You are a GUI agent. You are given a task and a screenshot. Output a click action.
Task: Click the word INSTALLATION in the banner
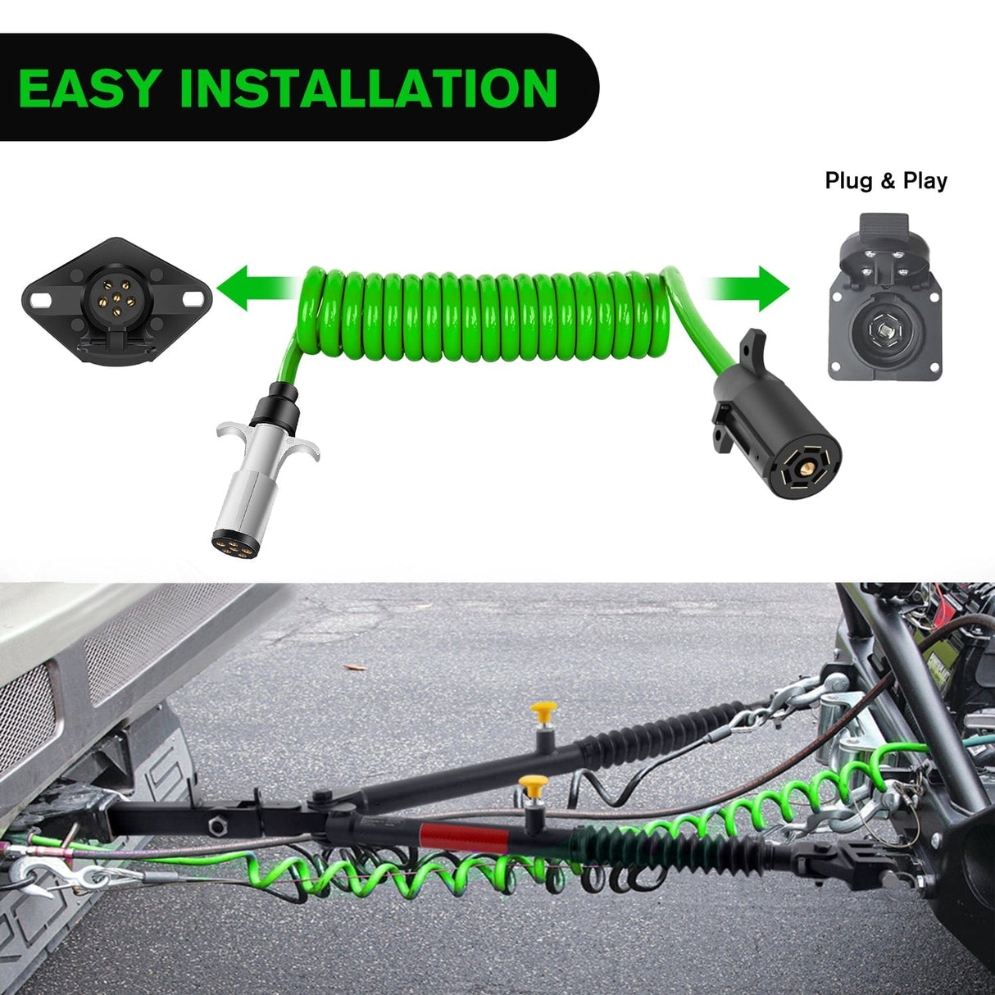click(x=368, y=88)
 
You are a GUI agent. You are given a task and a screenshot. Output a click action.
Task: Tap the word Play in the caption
click(x=925, y=181)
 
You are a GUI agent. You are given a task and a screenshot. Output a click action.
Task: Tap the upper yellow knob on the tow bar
click(x=543, y=710)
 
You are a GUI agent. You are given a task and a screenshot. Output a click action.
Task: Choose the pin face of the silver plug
click(x=233, y=542)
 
